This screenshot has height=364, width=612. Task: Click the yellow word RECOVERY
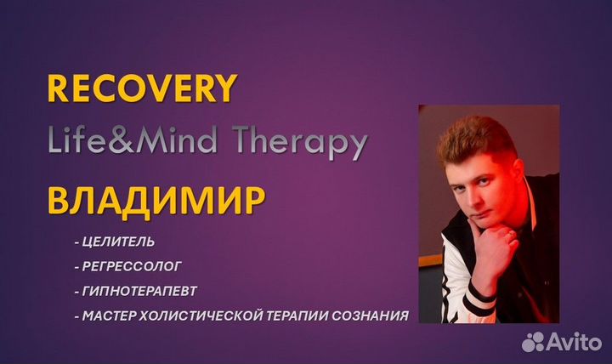click(x=142, y=88)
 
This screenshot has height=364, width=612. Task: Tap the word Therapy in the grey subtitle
click(x=301, y=141)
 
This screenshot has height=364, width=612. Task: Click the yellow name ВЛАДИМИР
click(x=156, y=201)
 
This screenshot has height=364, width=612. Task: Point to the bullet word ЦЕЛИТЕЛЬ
click(x=119, y=242)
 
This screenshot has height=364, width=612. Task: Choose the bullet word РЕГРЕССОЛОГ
click(x=132, y=266)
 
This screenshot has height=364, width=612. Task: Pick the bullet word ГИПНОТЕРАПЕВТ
click(x=139, y=291)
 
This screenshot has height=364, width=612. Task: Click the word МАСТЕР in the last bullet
click(x=110, y=316)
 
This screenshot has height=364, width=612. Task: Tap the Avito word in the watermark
click(x=574, y=342)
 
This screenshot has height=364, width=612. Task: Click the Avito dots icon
click(x=534, y=341)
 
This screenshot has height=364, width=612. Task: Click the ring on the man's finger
click(x=512, y=235)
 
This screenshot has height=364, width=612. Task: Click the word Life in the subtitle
click(x=76, y=139)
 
